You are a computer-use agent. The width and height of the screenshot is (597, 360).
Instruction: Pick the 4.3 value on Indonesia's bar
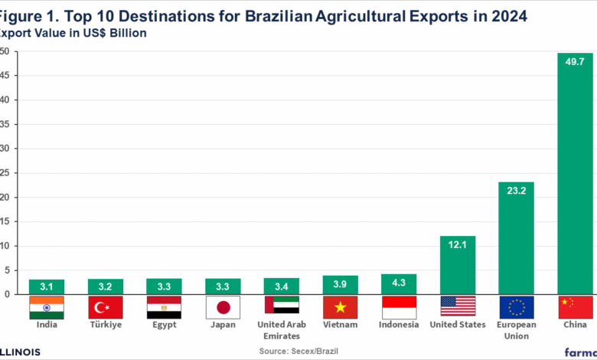pos(399,283)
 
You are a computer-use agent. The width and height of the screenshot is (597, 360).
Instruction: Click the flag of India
pos(46,307)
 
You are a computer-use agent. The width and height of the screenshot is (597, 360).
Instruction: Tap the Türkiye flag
pos(105,307)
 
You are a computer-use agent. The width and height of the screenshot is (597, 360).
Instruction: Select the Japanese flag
pos(223,307)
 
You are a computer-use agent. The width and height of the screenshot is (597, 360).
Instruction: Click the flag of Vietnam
pos(340,307)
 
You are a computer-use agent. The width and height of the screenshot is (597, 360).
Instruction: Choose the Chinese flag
pos(575,307)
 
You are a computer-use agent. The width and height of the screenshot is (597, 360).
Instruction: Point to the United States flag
pos(457,307)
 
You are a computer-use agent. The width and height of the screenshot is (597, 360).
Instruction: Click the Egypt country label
pos(164,325)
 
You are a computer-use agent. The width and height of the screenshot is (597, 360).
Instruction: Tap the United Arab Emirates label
pos(281,329)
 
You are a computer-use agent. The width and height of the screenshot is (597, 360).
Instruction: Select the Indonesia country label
pos(399,325)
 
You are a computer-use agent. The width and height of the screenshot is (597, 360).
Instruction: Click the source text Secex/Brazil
pos(298,351)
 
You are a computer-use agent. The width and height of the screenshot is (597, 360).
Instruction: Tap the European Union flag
pos(516,307)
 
